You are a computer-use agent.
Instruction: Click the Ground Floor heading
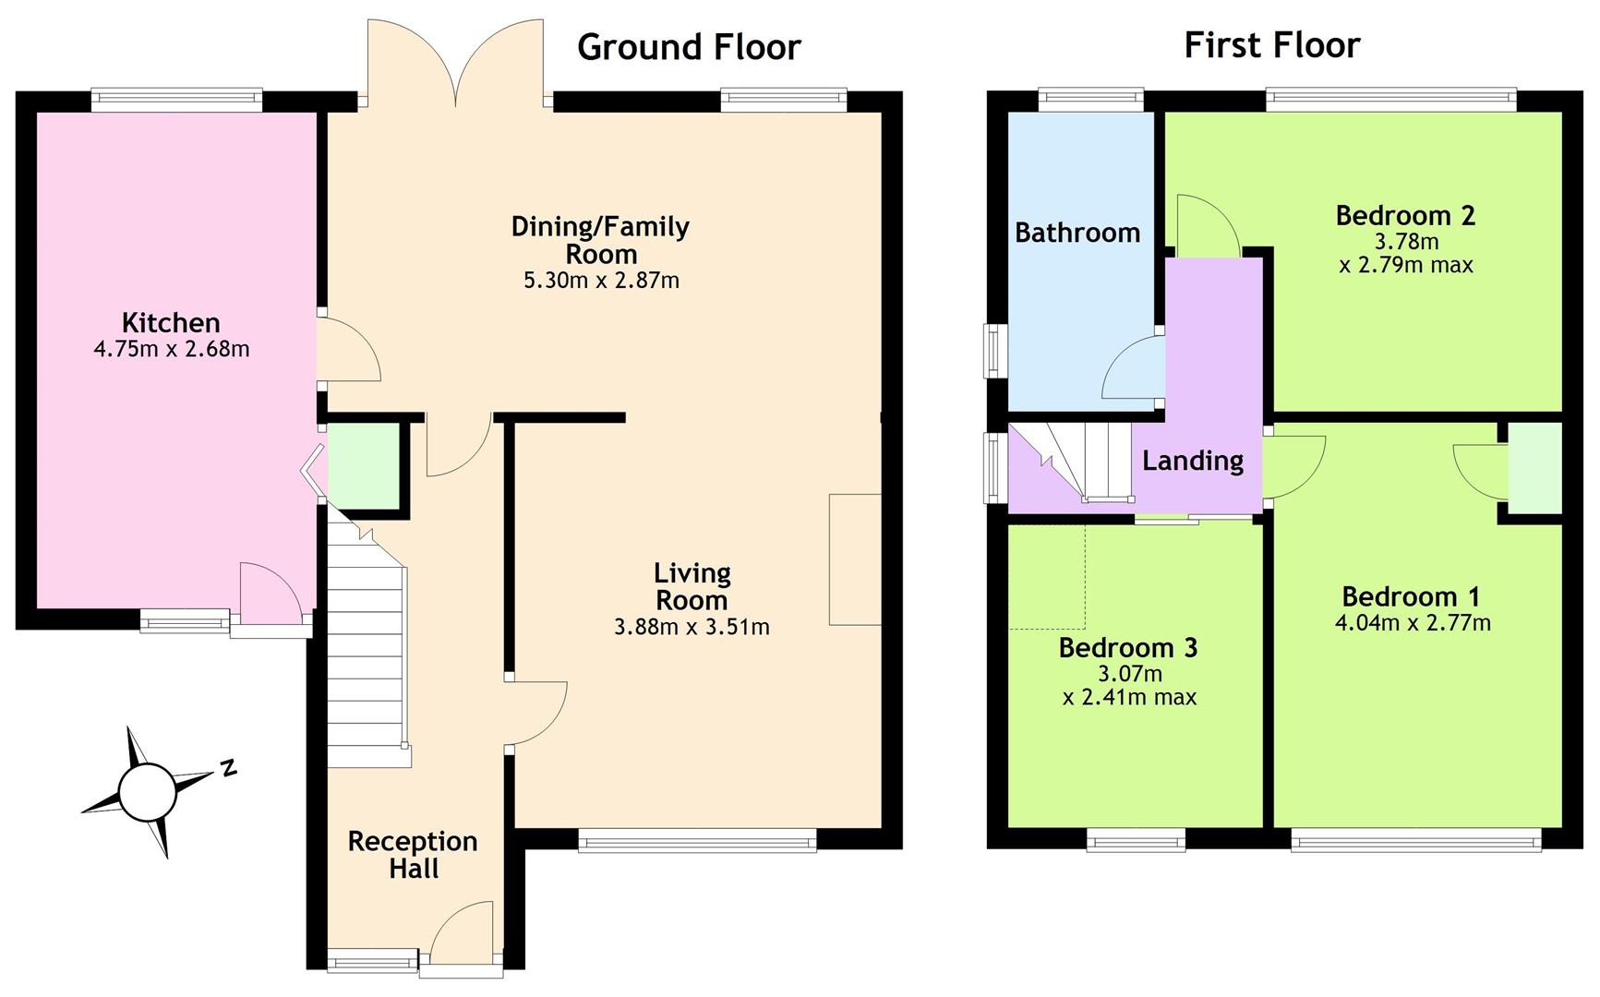click(689, 47)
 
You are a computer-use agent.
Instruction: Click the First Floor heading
click(1271, 45)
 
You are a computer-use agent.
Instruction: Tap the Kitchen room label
click(171, 322)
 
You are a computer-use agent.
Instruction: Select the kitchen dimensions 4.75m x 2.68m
click(172, 349)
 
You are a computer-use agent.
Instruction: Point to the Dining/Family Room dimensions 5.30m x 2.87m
click(601, 280)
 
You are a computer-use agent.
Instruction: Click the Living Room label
click(692, 586)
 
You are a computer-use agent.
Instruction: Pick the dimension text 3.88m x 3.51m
click(692, 627)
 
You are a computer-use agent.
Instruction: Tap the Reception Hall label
click(413, 854)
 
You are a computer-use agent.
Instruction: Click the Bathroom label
click(1077, 233)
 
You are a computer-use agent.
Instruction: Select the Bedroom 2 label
click(1405, 215)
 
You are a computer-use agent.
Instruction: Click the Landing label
click(1193, 460)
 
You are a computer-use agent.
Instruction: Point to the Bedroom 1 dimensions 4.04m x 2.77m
click(1413, 623)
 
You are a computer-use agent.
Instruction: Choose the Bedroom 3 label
click(1128, 647)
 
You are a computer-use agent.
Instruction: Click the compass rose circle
click(147, 792)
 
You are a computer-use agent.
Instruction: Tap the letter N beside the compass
click(227, 768)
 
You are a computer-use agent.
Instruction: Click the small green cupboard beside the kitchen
click(364, 466)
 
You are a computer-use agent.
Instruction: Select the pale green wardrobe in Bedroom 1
click(1534, 467)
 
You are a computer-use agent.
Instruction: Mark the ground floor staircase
click(368, 637)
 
